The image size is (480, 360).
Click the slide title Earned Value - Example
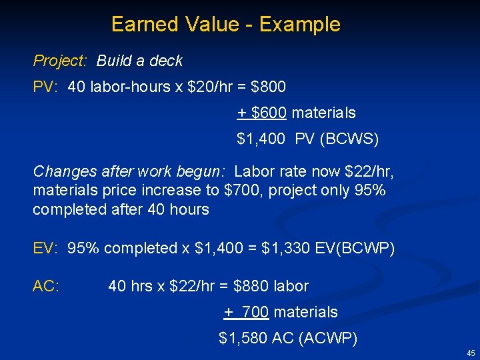[x=225, y=25]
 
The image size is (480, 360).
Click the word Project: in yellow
[x=60, y=61]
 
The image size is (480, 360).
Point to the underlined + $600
[x=262, y=113]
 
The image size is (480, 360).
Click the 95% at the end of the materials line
[x=369, y=191]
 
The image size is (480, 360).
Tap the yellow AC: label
[x=46, y=286]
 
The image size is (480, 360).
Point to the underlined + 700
[x=246, y=312]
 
